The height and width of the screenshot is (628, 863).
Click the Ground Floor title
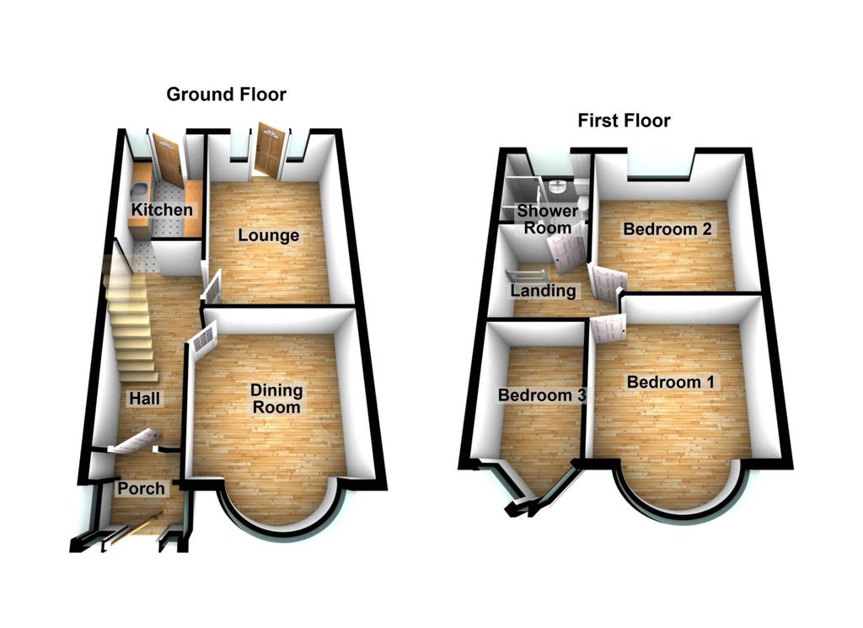click(226, 94)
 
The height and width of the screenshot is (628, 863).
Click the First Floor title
click(624, 121)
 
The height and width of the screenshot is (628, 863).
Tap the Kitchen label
click(162, 210)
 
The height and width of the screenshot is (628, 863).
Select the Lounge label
click(269, 235)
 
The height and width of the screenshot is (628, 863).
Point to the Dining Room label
click(276, 399)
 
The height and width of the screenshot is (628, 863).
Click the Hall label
click(145, 398)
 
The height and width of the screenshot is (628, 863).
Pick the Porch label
click(142, 488)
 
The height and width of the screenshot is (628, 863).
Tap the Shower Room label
click(548, 219)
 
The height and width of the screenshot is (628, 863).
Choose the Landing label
click(544, 291)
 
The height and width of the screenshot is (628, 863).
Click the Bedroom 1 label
click(671, 382)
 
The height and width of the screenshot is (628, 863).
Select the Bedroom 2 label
click(667, 229)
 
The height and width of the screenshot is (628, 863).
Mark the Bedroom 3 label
click(542, 395)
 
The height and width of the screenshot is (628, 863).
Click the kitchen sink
click(138, 192)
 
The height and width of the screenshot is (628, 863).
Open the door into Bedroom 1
click(608, 328)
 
